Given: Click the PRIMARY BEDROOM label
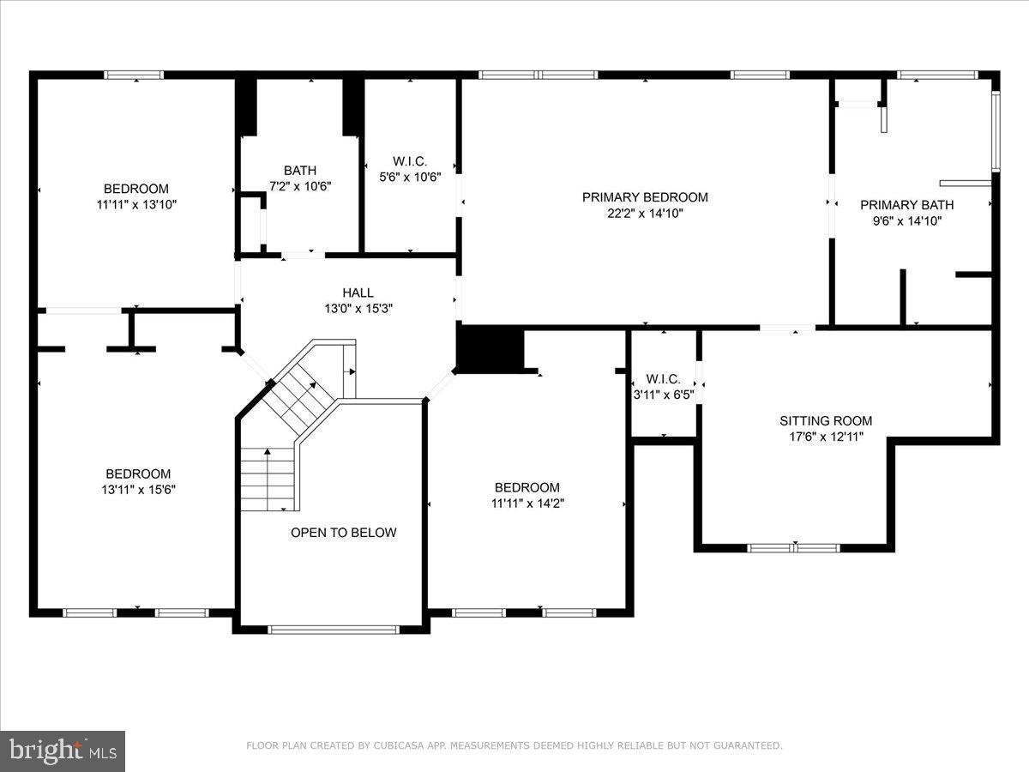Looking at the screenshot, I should [645, 197].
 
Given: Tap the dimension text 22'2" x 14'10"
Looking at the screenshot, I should [645, 214].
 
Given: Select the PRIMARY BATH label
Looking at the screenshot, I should [906, 205].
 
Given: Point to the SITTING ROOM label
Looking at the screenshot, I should [825, 420].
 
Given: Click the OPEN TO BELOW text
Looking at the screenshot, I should [343, 533].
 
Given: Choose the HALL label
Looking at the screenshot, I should [358, 293].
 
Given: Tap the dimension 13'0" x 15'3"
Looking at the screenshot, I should [358, 308].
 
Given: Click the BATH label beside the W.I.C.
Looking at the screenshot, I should [300, 170].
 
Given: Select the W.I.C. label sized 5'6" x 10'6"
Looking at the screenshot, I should [409, 161].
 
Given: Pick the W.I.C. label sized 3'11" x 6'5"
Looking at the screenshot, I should [663, 379].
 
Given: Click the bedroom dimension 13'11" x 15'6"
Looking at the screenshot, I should [137, 490].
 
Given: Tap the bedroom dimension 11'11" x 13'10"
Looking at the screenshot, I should [136, 205].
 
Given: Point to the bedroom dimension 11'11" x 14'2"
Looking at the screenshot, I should [527, 504].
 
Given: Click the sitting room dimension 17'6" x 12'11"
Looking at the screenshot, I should [825, 437].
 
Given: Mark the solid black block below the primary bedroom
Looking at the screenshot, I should [490, 350].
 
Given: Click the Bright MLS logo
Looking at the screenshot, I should [63, 751].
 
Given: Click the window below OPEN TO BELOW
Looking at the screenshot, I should [334, 630].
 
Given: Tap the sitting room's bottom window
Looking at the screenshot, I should [793, 547].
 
